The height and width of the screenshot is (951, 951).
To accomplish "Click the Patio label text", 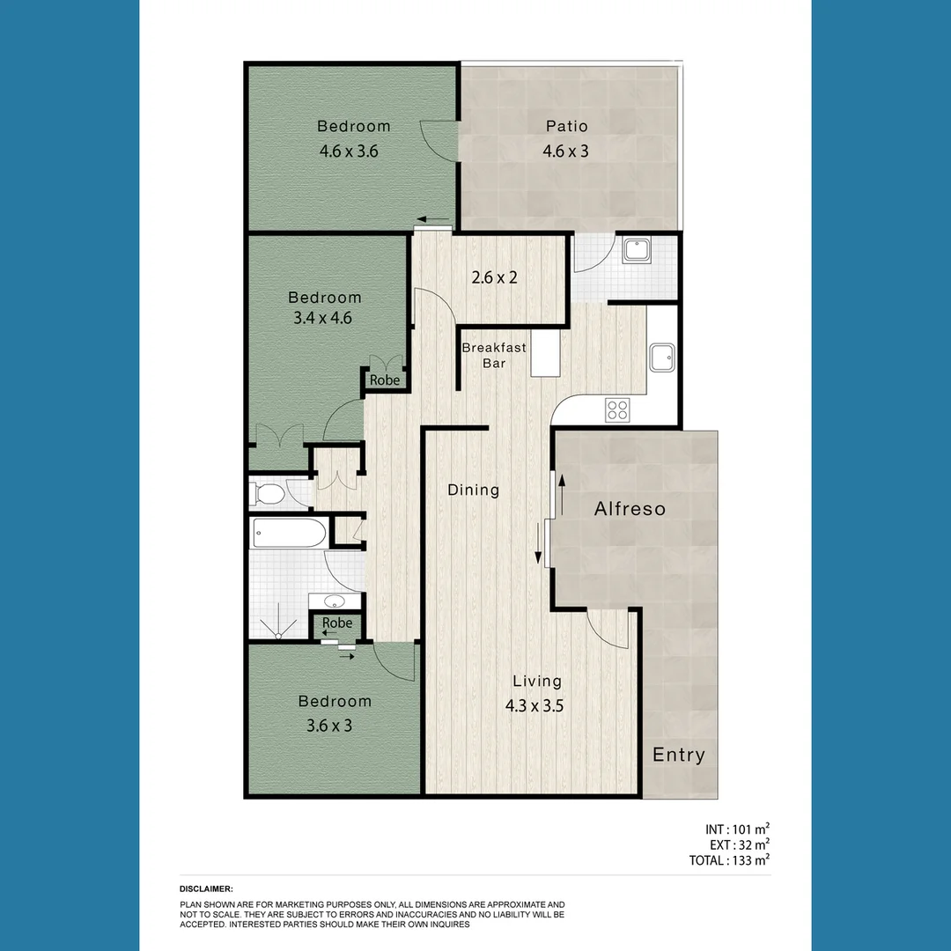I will pos(566,127).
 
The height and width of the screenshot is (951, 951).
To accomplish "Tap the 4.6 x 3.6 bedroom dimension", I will pos(349,151).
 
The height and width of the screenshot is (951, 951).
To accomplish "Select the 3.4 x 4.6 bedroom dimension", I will pos(322,318).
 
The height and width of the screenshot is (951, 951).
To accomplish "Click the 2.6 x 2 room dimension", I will pos(494,277).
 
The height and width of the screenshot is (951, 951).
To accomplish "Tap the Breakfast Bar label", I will pos(494,355).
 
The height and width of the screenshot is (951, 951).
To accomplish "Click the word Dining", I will pos(473,490).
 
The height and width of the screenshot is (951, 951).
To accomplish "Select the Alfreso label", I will pos(630,509).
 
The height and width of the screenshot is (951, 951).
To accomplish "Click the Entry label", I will pos(678,755).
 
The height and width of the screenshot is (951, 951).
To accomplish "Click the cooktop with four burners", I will pos(617,409).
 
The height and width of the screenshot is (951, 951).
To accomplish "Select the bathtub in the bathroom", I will pos(289,533).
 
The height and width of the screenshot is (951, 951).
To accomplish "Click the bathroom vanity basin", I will pos(335,602).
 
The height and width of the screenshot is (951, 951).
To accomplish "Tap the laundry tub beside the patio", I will pos(637,251).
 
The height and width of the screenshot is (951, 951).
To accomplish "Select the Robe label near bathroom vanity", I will pos(336,623).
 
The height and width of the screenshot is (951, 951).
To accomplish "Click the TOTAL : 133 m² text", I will pos(729,860).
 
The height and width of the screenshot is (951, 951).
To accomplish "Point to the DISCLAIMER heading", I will pos(206,889).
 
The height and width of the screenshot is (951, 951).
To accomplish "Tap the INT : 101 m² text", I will pos(738,829).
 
